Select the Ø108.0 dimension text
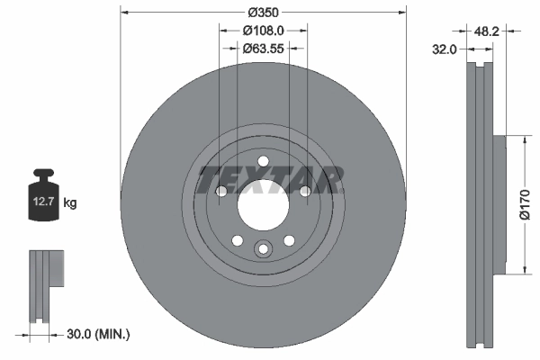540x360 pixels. tap(262, 30)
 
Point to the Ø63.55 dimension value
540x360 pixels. tap(264, 49)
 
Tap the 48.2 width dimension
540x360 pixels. tap(487, 31)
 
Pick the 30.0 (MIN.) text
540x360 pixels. tap(98, 334)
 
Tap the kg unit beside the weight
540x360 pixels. tap(70, 203)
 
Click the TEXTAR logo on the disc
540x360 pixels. tap(271, 181)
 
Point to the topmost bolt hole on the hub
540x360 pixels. tap(263, 163)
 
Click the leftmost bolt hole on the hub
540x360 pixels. tap(220, 191)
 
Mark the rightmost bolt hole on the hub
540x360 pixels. tap(305, 191)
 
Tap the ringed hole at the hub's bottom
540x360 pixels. tap(263, 250)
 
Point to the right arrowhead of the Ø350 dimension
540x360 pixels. tap(401, 13)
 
